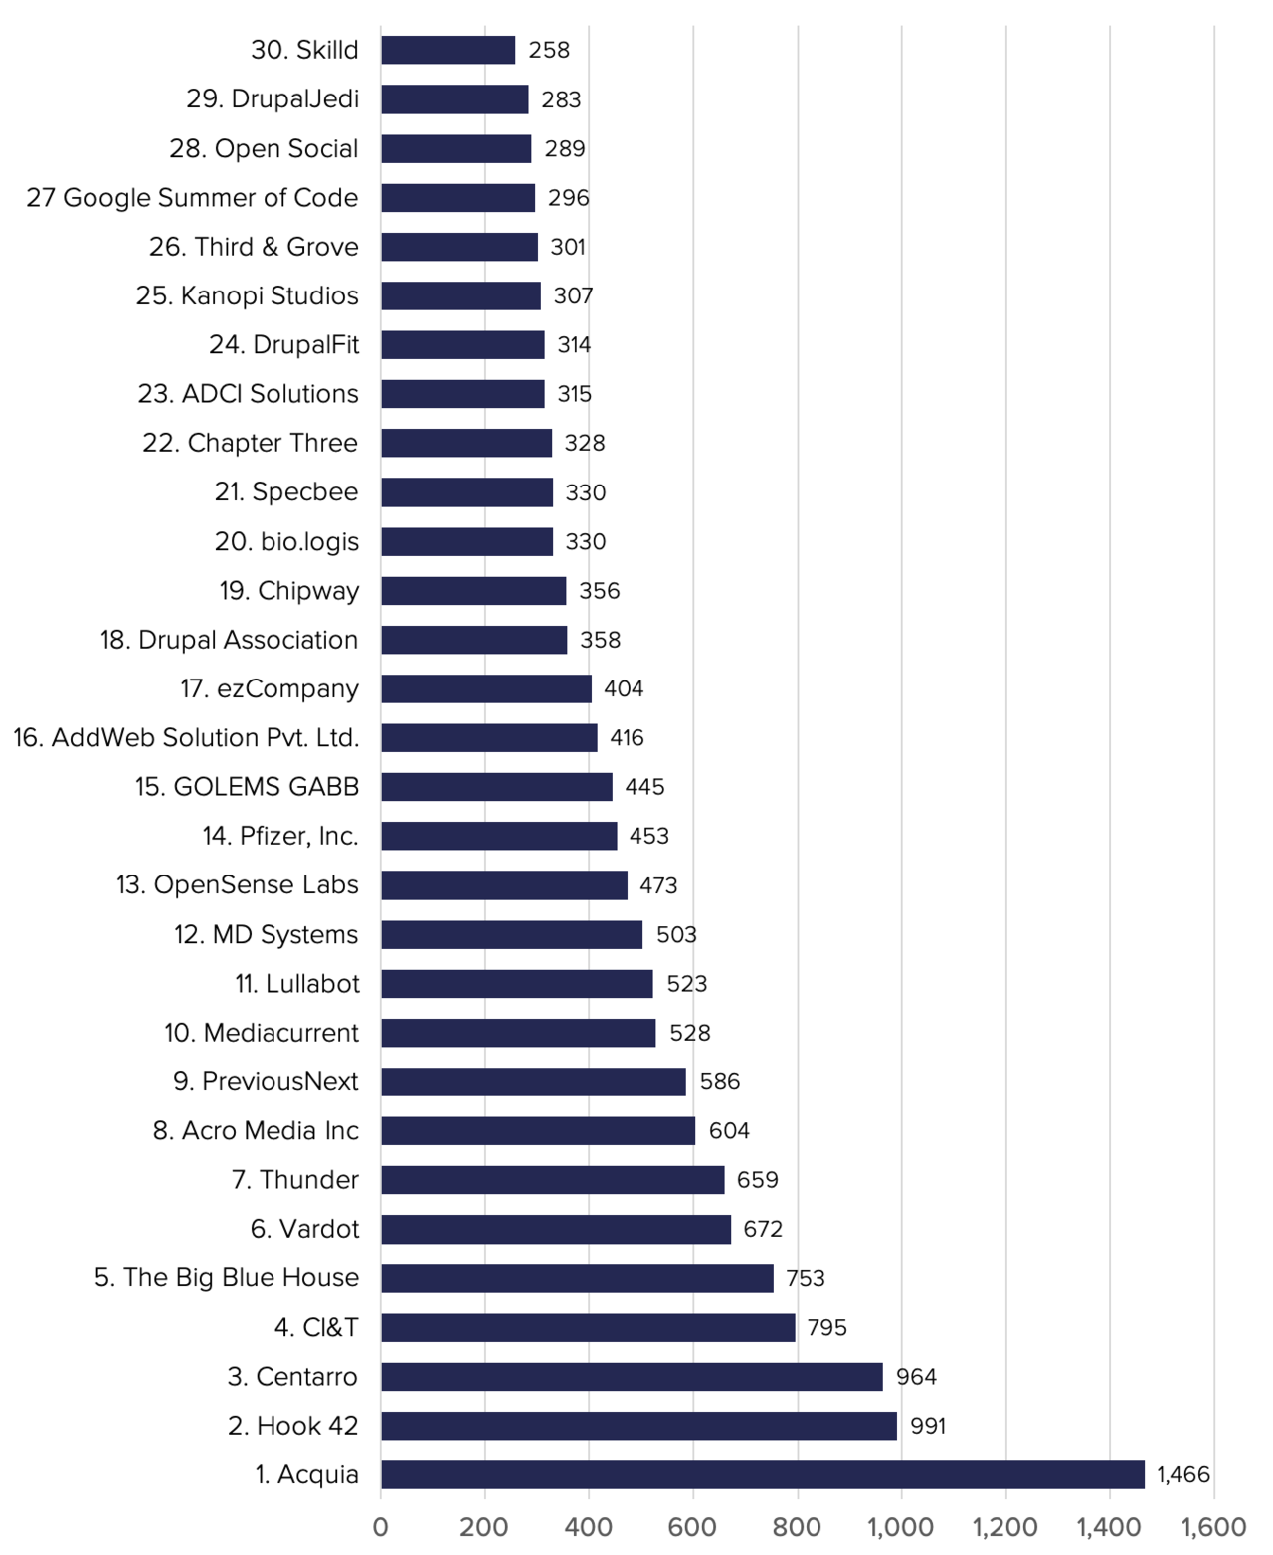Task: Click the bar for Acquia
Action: tap(762, 1474)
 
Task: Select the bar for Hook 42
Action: tap(638, 1426)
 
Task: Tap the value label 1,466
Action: tap(1182, 1474)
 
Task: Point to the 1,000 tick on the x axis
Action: tap(900, 1527)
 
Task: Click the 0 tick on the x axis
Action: tap(381, 1527)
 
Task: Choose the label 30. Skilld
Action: tap(304, 50)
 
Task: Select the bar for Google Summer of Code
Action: tap(457, 197)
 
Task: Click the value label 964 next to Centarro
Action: tap(916, 1376)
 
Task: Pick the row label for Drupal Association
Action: tap(229, 640)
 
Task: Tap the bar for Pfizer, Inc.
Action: tap(498, 836)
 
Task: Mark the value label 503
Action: tap(676, 934)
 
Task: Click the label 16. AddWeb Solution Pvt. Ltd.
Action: tap(186, 737)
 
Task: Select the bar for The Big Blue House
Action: tap(577, 1278)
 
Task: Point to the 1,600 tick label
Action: tap(1213, 1527)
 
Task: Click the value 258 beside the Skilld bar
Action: tap(549, 50)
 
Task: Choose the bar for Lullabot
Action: tap(516, 984)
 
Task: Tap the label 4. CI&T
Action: tap(316, 1327)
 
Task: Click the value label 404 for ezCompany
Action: tap(624, 688)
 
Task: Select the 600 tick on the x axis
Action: tap(692, 1527)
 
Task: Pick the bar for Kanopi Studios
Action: tap(460, 295)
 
